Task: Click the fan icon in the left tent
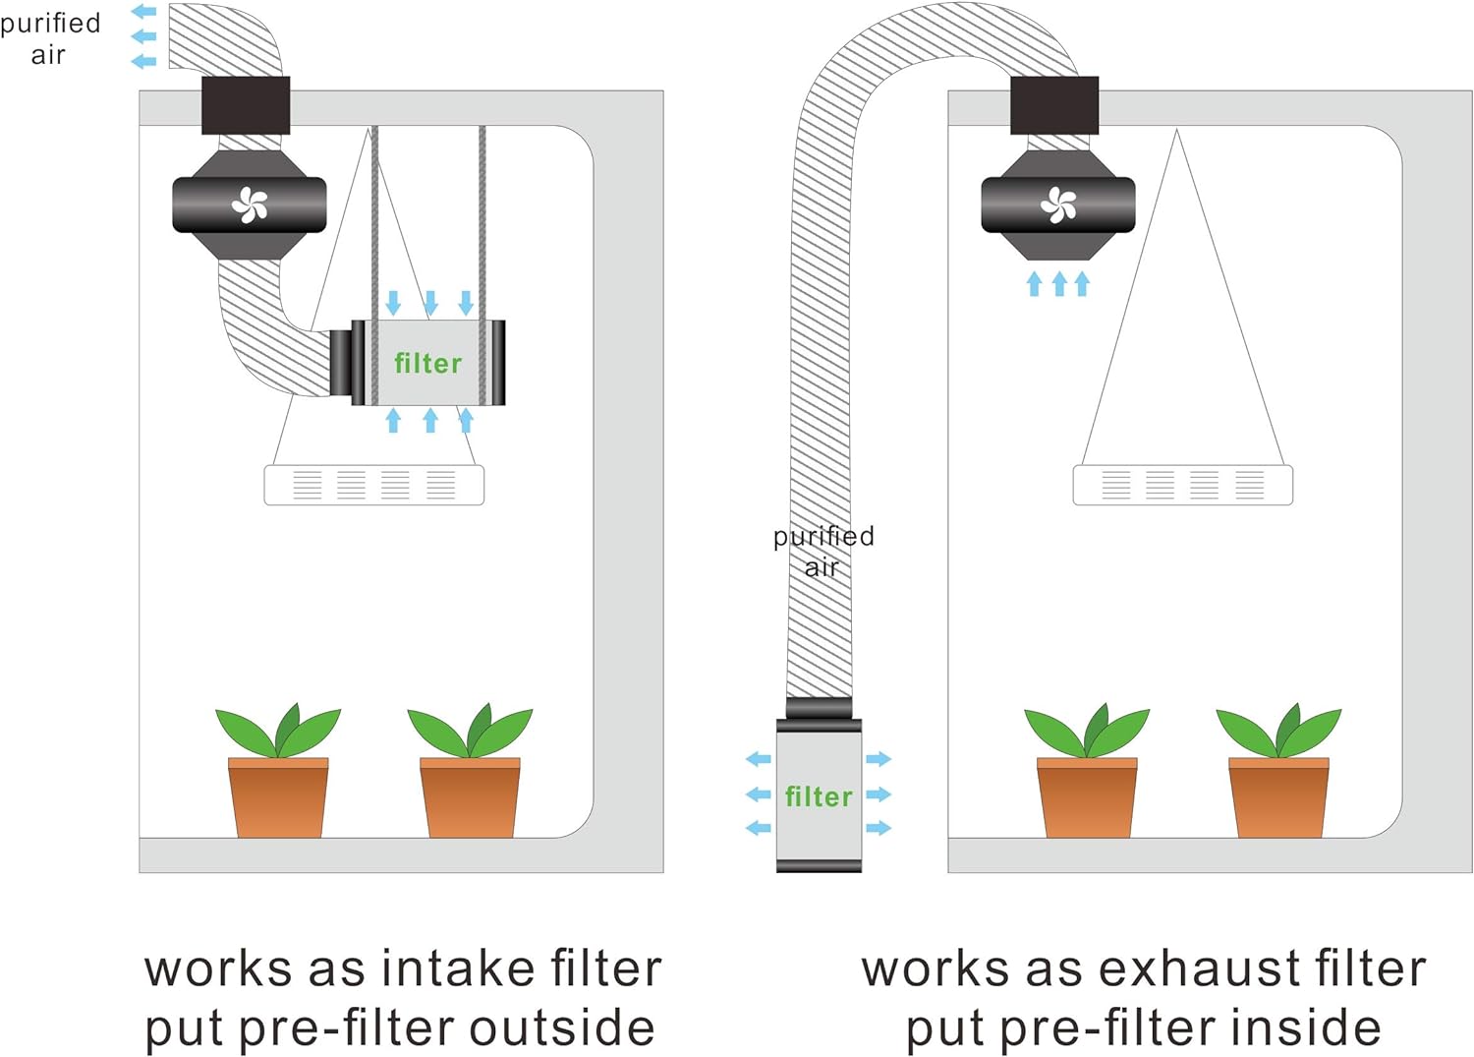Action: [250, 205]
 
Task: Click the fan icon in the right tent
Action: [1058, 205]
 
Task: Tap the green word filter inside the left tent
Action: [427, 364]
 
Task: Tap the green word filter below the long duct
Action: [819, 796]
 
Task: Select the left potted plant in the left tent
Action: [278, 771]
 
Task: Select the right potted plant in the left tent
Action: [470, 771]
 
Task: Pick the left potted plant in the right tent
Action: [1087, 771]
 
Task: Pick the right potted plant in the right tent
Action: [1278, 771]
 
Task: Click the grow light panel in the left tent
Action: [373, 486]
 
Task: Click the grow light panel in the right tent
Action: [1182, 486]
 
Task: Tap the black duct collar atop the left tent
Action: [246, 105]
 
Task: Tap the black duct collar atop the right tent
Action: [1054, 105]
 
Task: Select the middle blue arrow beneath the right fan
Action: [1058, 284]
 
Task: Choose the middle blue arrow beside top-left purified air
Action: [144, 36]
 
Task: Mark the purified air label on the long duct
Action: [823, 552]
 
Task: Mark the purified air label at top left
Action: [50, 39]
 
